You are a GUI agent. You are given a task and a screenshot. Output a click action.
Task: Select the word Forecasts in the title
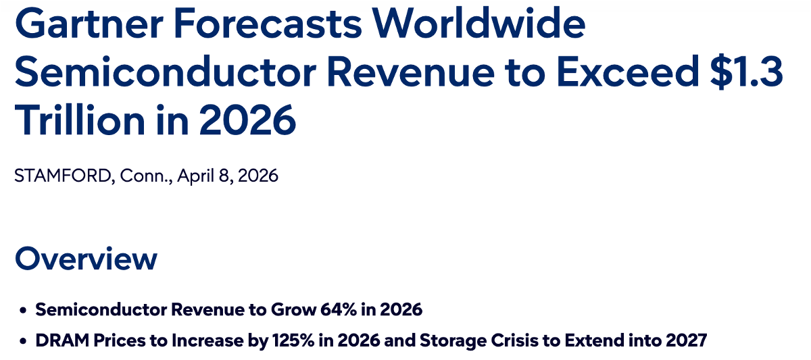[x=268, y=24]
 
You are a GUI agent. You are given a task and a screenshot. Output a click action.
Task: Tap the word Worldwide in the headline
[x=479, y=23]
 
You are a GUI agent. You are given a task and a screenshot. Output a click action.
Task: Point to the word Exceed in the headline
[x=628, y=72]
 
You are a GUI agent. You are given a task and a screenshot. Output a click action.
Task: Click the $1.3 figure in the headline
[x=747, y=72]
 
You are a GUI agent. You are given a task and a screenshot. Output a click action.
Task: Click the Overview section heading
[x=87, y=258]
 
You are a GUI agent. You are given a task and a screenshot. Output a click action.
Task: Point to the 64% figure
[x=339, y=310]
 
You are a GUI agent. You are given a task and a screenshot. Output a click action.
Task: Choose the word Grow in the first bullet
[x=293, y=310]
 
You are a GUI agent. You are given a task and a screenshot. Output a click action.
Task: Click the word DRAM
[x=62, y=340]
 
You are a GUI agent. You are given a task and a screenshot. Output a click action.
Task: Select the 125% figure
[x=293, y=340]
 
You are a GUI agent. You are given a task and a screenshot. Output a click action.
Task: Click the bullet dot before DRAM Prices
[x=23, y=341]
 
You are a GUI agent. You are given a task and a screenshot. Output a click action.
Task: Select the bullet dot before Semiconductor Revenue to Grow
[x=23, y=310]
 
